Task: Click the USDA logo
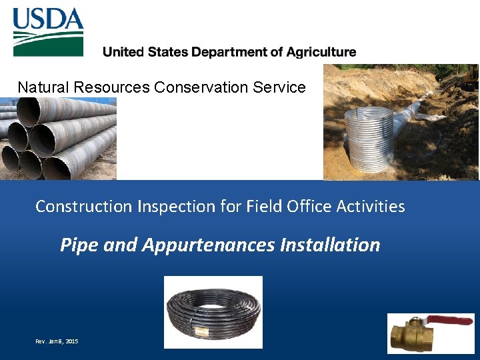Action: point(48,31)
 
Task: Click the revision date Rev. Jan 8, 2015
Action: point(57,341)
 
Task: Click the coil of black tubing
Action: point(213,313)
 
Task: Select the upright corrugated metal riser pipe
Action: point(368,139)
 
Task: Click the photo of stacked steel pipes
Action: point(58,138)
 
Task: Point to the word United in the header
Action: point(124,52)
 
